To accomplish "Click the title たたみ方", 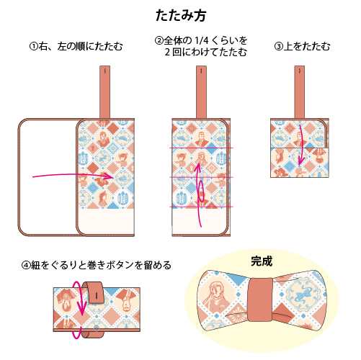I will click(x=180, y=14).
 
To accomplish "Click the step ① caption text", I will click(x=76, y=47).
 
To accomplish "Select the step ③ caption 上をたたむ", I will click(x=302, y=47).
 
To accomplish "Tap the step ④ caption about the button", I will click(x=97, y=265).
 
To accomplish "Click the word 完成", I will click(x=262, y=261).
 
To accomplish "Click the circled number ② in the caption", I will click(x=160, y=40).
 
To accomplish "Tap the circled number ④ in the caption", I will click(x=26, y=265).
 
